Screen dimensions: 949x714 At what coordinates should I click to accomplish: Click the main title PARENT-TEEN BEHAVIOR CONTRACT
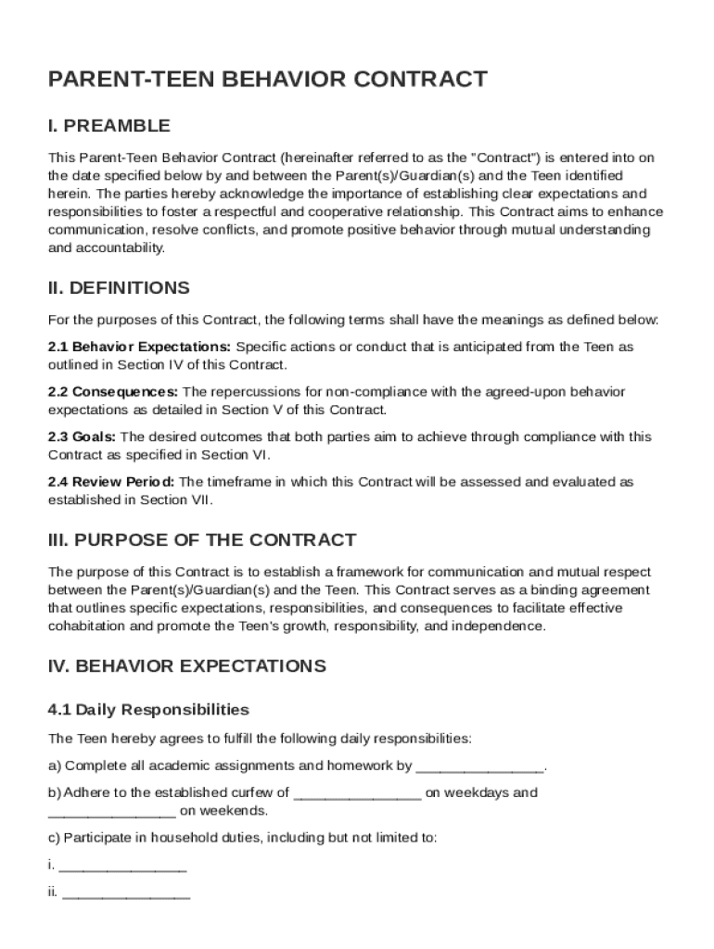click(x=267, y=80)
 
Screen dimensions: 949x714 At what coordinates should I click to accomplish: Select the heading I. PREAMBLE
click(x=109, y=126)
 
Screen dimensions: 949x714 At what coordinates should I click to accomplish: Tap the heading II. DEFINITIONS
click(x=119, y=288)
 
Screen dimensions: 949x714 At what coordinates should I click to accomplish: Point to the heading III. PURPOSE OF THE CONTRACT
click(x=201, y=540)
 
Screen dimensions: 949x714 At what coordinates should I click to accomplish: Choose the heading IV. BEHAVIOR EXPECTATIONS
click(x=186, y=666)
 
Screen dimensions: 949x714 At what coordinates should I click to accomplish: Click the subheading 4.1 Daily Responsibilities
click(x=148, y=711)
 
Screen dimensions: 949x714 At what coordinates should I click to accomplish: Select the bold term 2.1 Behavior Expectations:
click(x=140, y=347)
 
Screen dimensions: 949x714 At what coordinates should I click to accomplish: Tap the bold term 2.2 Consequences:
click(x=113, y=392)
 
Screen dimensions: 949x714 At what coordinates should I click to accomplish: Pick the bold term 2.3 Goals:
click(x=83, y=437)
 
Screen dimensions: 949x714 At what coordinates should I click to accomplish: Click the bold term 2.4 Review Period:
click(x=110, y=482)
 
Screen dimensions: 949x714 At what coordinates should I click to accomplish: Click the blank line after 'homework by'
click(x=479, y=766)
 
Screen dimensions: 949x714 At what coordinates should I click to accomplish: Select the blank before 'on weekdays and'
click(x=358, y=793)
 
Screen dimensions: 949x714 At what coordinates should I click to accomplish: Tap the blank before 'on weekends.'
click(x=111, y=812)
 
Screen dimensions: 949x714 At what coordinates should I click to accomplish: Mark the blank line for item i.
click(x=122, y=867)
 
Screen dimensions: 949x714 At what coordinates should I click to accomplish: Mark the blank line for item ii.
click(x=126, y=894)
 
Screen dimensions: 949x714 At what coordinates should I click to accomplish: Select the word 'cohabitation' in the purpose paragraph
click(x=88, y=626)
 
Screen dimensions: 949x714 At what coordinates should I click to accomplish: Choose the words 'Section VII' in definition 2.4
click(x=175, y=500)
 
